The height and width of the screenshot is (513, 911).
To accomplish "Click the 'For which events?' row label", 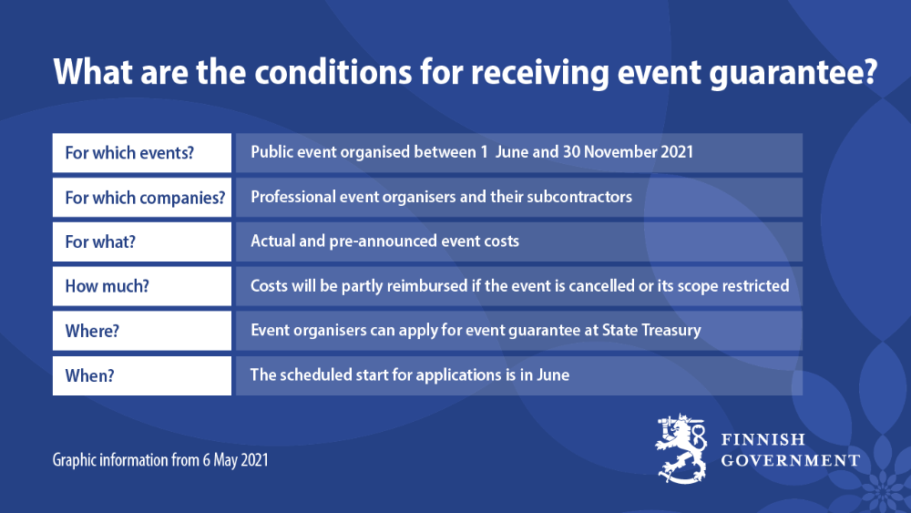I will pyautogui.click(x=129, y=153).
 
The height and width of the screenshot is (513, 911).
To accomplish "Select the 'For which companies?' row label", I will pyautogui.click(x=144, y=198).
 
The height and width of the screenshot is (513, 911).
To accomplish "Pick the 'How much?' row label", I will pyautogui.click(x=107, y=286).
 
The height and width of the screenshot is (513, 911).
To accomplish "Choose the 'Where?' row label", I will pyautogui.click(x=92, y=331).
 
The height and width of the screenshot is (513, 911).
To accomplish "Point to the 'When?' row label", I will pyautogui.click(x=89, y=375).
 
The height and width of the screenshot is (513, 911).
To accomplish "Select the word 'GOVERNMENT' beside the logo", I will pyautogui.click(x=790, y=460).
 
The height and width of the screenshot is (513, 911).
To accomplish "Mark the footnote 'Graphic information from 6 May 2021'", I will pyautogui.click(x=160, y=460).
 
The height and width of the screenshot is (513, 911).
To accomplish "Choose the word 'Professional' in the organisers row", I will pyautogui.click(x=294, y=197).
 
